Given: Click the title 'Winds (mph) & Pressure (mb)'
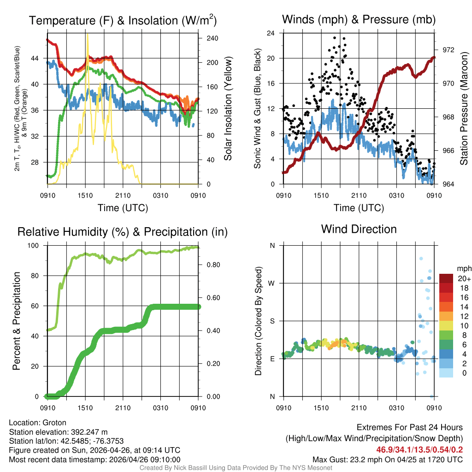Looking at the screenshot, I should coord(359,19).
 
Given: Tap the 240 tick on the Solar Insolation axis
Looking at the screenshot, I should coord(212,38).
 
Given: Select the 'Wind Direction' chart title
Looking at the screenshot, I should coord(359,229).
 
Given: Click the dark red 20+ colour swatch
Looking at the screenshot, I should coord(447,278).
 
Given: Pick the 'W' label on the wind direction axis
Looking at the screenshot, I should coord(272,283).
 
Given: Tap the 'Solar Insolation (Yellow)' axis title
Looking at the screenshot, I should coord(228,109).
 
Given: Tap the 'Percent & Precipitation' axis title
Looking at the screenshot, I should coord(17,321).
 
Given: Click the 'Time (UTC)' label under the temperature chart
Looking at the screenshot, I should coord(123,208).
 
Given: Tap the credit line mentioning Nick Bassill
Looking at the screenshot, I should coord(236,468).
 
